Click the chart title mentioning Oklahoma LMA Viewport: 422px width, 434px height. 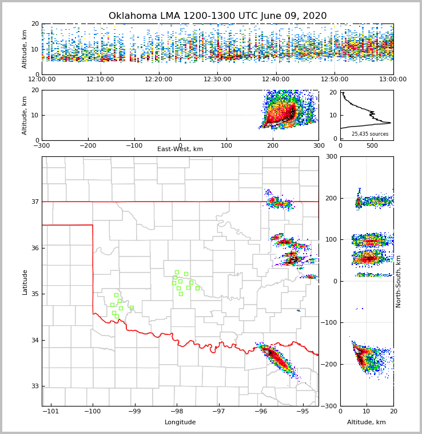217,16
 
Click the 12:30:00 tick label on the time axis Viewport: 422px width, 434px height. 217,80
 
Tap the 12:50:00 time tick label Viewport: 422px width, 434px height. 335,80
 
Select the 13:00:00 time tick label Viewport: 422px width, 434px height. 393,80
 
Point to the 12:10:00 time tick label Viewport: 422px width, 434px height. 100,80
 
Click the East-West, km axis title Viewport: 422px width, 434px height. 180,149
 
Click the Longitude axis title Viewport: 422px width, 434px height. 180,423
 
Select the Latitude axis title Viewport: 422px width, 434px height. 25,282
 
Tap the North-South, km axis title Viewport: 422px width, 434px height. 399,281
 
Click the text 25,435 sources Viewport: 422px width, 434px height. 370,134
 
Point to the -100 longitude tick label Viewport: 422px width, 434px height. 93,411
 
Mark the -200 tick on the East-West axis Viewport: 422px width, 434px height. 87,145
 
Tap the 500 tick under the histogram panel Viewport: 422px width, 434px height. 372,145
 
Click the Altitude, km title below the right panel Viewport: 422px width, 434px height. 367,423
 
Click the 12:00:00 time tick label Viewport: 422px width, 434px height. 42,80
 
